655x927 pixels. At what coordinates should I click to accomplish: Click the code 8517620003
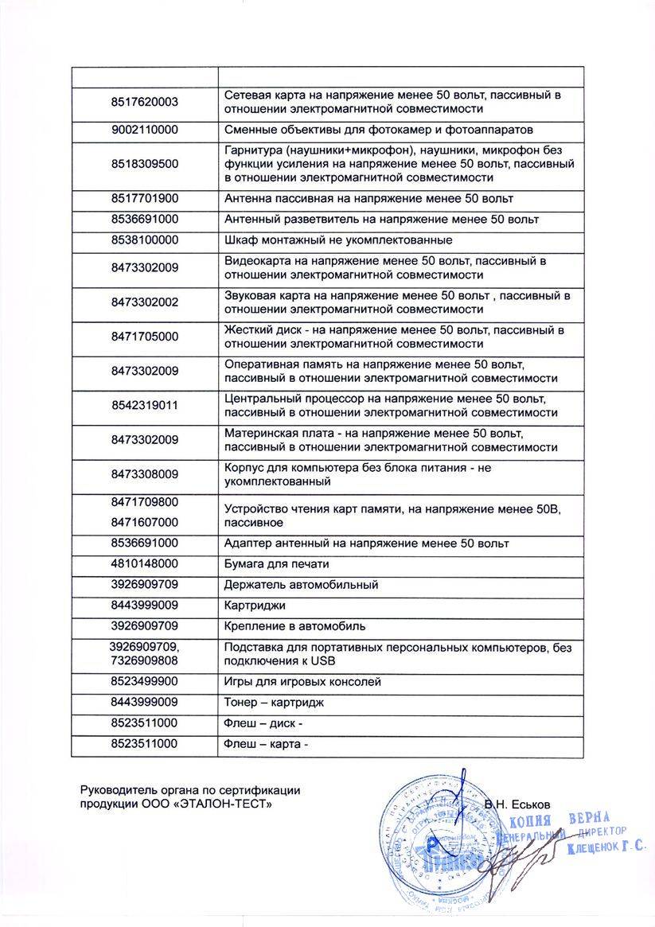[145, 102]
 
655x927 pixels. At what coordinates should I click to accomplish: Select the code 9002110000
[145, 129]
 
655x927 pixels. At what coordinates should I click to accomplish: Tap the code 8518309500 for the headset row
[145, 164]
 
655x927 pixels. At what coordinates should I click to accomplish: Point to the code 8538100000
[145, 240]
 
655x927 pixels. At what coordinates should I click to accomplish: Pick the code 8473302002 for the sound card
[145, 302]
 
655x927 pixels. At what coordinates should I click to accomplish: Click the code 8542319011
[145, 405]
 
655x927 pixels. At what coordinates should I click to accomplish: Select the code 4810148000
[145, 563]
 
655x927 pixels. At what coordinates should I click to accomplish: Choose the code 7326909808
[145, 660]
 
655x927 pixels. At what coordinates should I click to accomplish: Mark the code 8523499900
[145, 682]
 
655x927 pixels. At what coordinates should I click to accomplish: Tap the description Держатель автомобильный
[302, 585]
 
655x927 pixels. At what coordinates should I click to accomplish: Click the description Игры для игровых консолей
[303, 682]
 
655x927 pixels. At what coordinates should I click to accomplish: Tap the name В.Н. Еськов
[517, 804]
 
